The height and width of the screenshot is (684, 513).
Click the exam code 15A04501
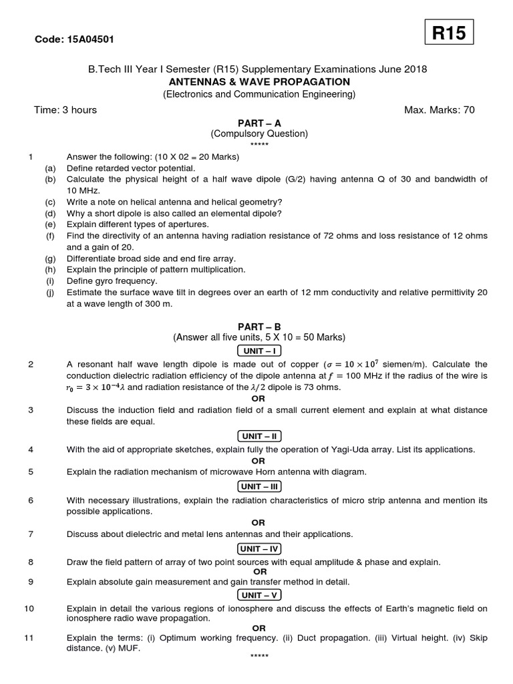(74, 39)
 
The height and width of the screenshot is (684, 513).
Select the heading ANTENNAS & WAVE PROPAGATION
(259, 81)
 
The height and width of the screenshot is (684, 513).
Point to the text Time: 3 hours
(65, 110)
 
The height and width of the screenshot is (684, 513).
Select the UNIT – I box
(259, 351)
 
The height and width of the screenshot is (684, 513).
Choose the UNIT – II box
(259, 436)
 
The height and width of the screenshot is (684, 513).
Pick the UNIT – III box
(259, 486)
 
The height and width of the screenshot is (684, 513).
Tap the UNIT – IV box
(259, 548)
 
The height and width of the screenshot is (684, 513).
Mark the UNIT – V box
(259, 594)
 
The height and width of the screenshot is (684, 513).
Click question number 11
(29, 638)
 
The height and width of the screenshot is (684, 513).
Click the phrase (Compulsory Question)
(259, 134)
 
